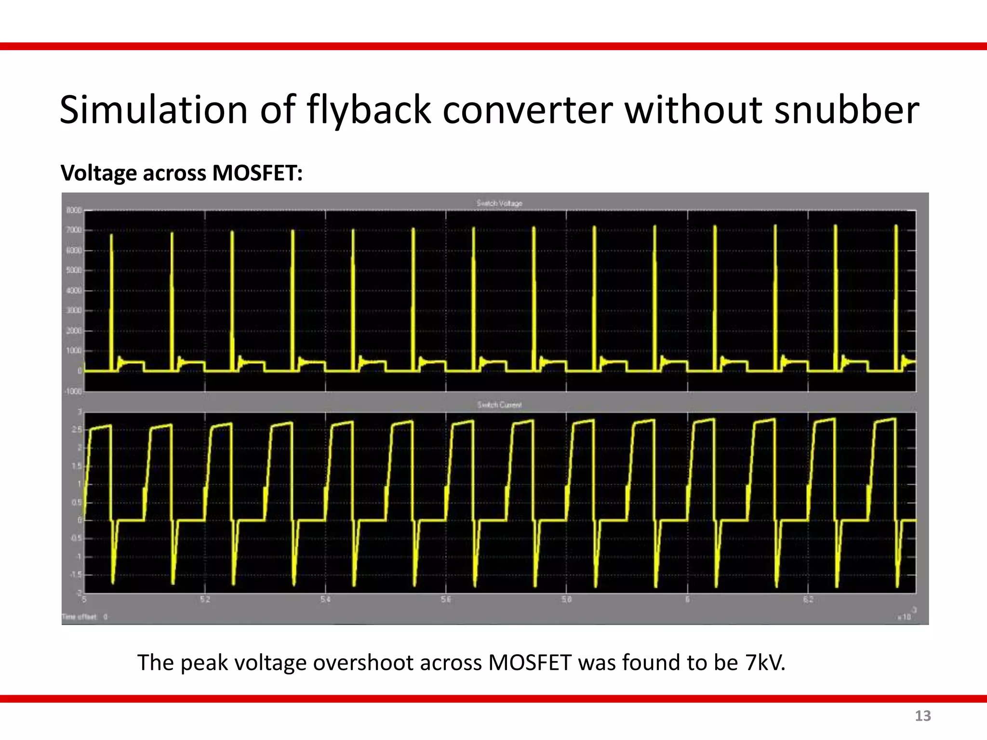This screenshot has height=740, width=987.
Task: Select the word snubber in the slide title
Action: click(x=846, y=110)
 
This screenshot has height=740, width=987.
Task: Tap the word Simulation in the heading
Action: click(x=153, y=110)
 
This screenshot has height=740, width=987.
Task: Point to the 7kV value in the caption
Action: click(x=765, y=662)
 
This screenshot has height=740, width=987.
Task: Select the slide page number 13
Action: click(x=922, y=716)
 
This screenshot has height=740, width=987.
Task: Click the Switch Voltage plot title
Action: click(x=499, y=203)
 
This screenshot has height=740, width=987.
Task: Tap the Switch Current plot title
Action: click(x=499, y=405)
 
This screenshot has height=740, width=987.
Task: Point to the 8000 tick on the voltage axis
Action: click(x=74, y=211)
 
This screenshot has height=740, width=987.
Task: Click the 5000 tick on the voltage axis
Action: click(x=74, y=270)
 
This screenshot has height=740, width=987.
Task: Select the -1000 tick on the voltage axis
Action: click(x=73, y=391)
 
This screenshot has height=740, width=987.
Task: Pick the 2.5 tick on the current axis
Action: click(x=77, y=430)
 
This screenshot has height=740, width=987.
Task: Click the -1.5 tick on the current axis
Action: click(x=76, y=575)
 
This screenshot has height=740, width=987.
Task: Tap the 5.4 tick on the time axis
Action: click(x=325, y=600)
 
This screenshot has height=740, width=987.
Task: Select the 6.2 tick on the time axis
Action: click(x=808, y=600)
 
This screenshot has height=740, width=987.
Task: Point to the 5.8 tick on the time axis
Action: click(x=566, y=600)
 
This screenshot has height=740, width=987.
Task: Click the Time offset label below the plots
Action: click(x=80, y=617)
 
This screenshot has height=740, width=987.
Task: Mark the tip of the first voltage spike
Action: click(x=112, y=235)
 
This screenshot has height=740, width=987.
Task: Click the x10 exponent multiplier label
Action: click(x=904, y=616)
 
